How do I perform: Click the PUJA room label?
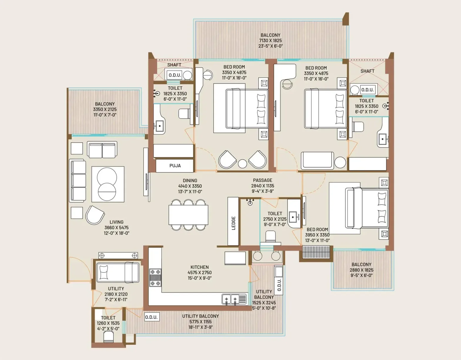[x=175, y=166]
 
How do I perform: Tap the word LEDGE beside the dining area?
[x=233, y=223]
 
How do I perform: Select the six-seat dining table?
[x=188, y=215]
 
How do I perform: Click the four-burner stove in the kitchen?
[x=155, y=277]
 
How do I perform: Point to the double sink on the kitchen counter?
[x=231, y=299]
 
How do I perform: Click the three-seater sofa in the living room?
[x=78, y=181]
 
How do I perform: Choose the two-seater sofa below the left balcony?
[x=102, y=150]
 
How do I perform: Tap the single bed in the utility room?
[x=118, y=272]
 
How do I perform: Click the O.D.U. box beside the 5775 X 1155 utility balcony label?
[x=151, y=317]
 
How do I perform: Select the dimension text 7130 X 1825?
[x=270, y=41]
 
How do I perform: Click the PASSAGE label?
[x=263, y=180]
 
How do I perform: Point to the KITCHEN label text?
[x=200, y=267]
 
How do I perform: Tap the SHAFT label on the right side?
[x=367, y=71]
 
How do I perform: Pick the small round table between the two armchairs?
[x=242, y=163]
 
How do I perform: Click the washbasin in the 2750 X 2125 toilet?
[x=293, y=217]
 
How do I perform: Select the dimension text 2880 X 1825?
[x=361, y=270]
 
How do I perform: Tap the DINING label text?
[x=190, y=180]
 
